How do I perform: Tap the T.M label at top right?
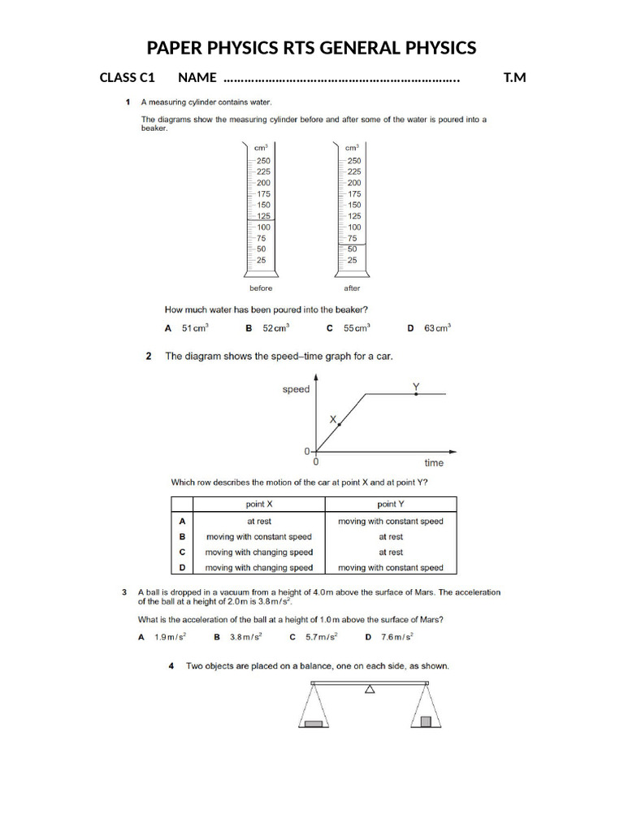(x=514, y=78)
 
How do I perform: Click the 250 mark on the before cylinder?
(x=263, y=161)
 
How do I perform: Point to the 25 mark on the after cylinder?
(x=352, y=260)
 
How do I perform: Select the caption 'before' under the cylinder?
(x=261, y=288)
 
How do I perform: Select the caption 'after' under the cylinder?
(x=352, y=288)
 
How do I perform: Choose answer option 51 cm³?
(x=194, y=328)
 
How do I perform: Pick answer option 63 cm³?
(x=436, y=328)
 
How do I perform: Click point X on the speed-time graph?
(x=340, y=424)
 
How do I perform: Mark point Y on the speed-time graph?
(x=416, y=393)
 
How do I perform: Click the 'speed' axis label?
(x=296, y=389)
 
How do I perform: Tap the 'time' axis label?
(x=434, y=463)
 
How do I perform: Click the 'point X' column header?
(x=259, y=505)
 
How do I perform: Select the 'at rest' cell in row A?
(x=259, y=522)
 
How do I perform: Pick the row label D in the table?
(x=182, y=567)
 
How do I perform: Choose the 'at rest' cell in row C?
(x=391, y=552)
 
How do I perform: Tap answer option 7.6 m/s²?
(x=396, y=638)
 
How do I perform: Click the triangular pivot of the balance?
(x=370, y=690)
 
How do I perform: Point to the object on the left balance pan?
(x=313, y=722)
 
